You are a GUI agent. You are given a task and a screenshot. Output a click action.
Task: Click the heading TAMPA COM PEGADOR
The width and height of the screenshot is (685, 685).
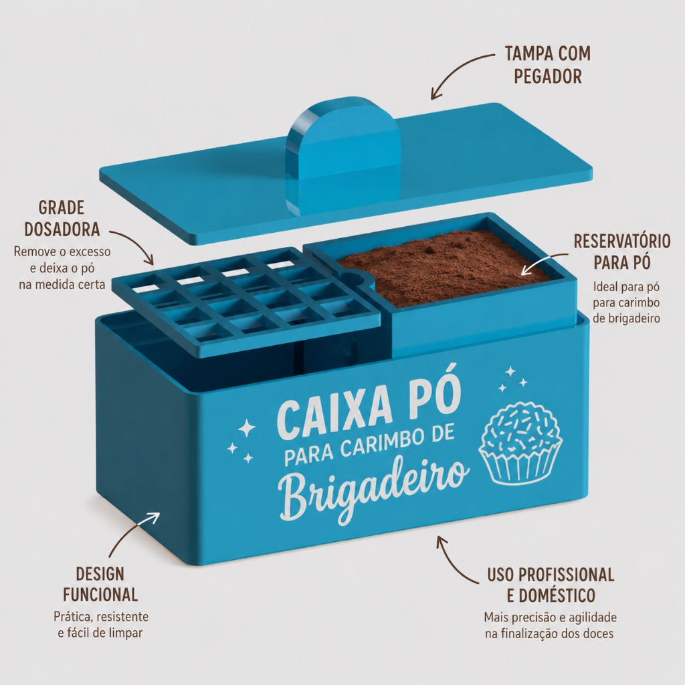tap(548, 65)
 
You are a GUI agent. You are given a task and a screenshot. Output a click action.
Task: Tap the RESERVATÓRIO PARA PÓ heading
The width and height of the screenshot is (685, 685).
tap(622, 252)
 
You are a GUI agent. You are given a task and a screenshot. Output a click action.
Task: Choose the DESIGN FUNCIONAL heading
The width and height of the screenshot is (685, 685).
tap(100, 584)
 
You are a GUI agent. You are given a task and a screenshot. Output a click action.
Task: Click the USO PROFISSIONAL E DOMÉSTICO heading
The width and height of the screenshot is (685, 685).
tap(551, 585)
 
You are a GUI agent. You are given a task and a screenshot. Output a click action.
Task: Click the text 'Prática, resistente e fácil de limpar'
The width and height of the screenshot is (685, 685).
tap(101, 625)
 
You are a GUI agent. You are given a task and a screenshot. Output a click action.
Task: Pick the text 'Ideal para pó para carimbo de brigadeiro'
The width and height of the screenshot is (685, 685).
tap(626, 303)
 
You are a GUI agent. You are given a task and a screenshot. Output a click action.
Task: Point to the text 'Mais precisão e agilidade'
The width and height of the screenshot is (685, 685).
tap(551, 617)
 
